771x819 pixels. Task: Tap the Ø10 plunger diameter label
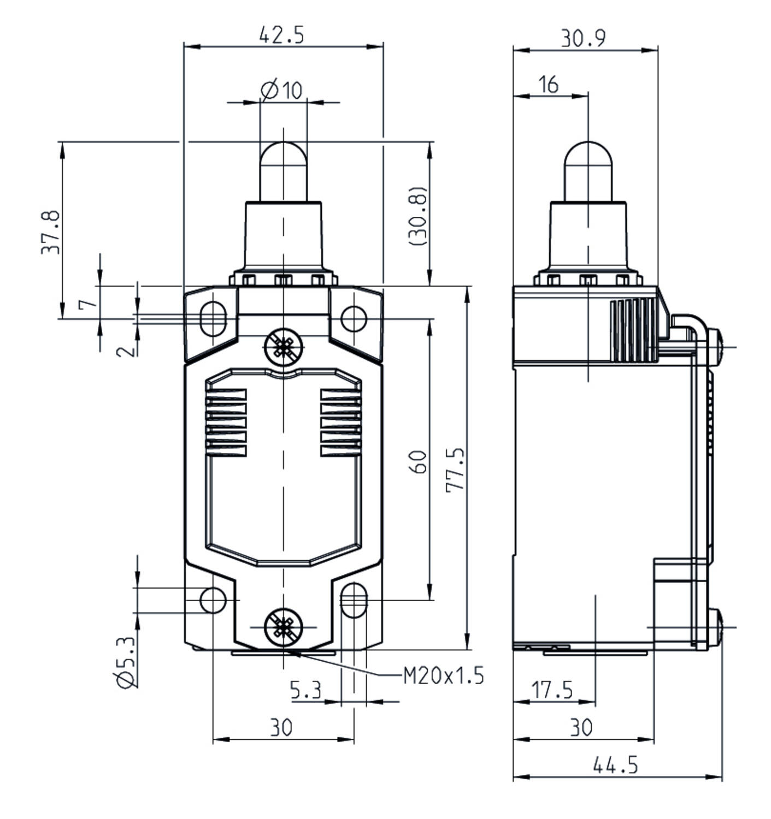[282, 90]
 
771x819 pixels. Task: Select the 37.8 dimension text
[51, 232]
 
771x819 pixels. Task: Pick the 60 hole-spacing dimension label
[419, 462]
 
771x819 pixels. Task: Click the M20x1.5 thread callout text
[444, 676]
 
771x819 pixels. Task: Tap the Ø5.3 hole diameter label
[126, 662]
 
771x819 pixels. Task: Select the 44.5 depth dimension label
[616, 765]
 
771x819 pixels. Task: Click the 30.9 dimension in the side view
[584, 38]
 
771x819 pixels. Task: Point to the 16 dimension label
[548, 85]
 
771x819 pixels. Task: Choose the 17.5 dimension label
[552, 690]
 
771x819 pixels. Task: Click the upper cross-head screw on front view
[284, 347]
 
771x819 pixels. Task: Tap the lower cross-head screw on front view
[284, 627]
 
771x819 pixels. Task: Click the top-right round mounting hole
[354, 319]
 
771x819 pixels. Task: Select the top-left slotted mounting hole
[213, 319]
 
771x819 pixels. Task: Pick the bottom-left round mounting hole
[213, 600]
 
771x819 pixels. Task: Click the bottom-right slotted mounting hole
[354, 600]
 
